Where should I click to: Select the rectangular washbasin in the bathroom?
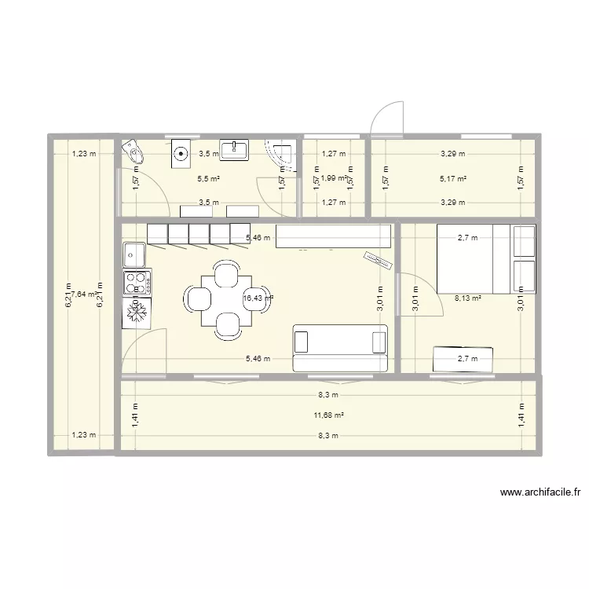pyautogui.click(x=234, y=149)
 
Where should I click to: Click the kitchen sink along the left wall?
pyautogui.click(x=134, y=254)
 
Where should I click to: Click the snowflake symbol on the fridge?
pyautogui.click(x=137, y=313)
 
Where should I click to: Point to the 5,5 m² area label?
pyautogui.click(x=208, y=178)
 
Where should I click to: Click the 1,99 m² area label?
pyautogui.click(x=334, y=178)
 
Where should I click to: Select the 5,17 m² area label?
pyautogui.click(x=453, y=178)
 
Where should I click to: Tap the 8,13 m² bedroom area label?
pyautogui.click(x=467, y=298)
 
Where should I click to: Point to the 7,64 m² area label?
pyautogui.click(x=82, y=294)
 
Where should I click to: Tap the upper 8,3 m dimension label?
pyautogui.click(x=328, y=395)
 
